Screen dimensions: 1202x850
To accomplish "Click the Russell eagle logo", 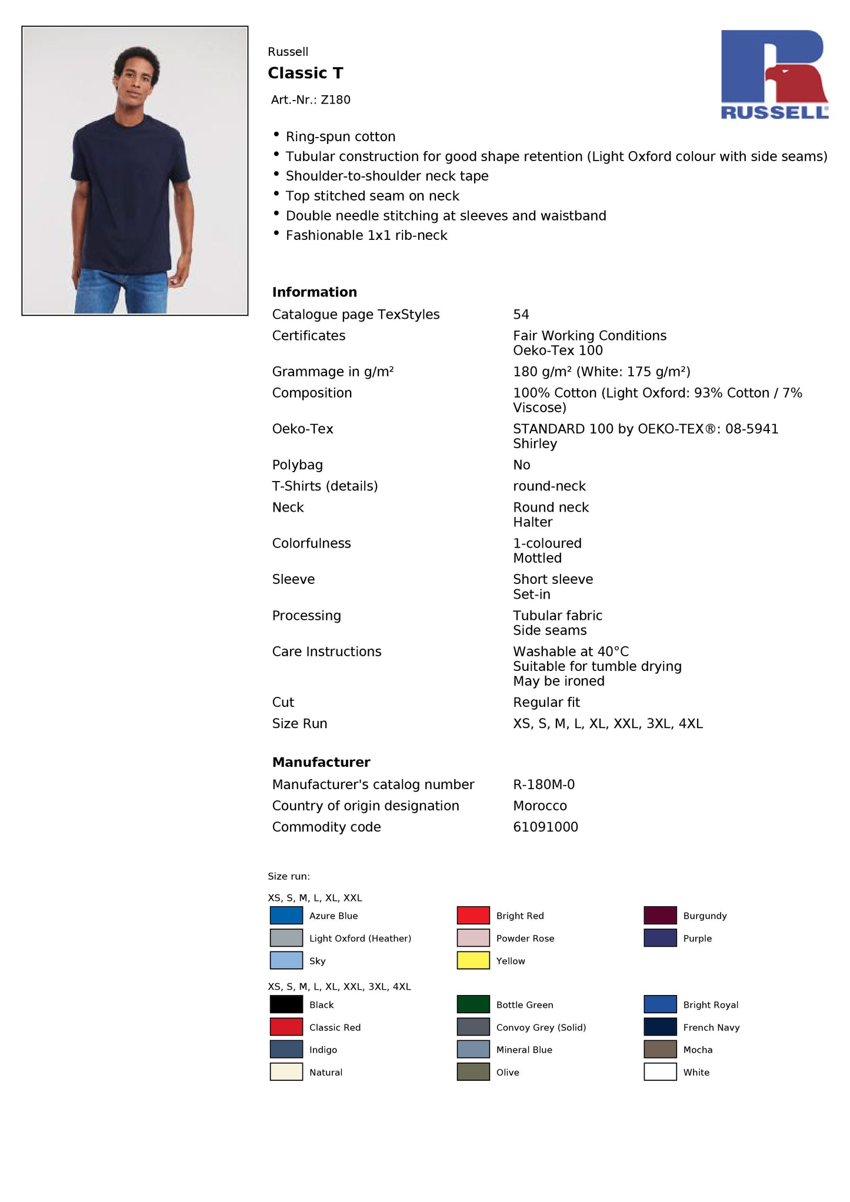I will pyautogui.click(x=774, y=74).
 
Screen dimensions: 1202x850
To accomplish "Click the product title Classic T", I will pyautogui.click(x=305, y=73).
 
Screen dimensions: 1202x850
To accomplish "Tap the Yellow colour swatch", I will pyautogui.click(x=473, y=960).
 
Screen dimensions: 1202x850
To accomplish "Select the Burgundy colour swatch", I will pyautogui.click(x=660, y=915).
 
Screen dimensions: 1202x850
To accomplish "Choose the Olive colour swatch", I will pyautogui.click(x=473, y=1071).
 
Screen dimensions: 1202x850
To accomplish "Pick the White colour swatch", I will pyautogui.click(x=660, y=1071).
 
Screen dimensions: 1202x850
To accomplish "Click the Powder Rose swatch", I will pyautogui.click(x=473, y=937).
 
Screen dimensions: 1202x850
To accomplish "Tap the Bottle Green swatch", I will pyautogui.click(x=473, y=1004).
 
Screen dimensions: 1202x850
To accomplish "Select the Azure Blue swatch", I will pyautogui.click(x=286, y=915).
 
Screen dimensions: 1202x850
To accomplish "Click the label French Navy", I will pyautogui.click(x=711, y=1027).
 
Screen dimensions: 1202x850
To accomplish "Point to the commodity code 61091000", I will pyautogui.click(x=545, y=827).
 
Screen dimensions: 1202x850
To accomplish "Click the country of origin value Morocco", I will pyautogui.click(x=540, y=806).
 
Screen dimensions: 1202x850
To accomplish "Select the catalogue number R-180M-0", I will pyautogui.click(x=544, y=784).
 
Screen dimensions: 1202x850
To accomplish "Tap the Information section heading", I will pyautogui.click(x=314, y=292).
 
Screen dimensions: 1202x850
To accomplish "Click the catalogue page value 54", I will pyautogui.click(x=521, y=315).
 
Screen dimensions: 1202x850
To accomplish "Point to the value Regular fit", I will pyautogui.click(x=546, y=702).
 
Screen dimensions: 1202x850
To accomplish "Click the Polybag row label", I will pyautogui.click(x=297, y=465).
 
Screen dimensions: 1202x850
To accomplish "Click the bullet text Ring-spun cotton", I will pyautogui.click(x=340, y=137).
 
